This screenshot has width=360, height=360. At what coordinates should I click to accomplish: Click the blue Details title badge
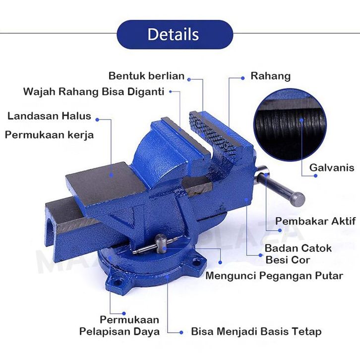[175, 34]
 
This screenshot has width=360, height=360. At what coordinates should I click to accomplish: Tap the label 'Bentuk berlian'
[146, 76]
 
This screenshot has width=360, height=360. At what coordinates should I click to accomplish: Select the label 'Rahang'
[270, 76]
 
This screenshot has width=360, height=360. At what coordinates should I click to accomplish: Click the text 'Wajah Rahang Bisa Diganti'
[94, 92]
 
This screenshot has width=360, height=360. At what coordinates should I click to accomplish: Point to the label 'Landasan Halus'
[49, 116]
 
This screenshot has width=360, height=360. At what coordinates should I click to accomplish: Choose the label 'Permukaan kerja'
[49, 135]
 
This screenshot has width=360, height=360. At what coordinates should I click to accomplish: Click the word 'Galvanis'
[332, 168]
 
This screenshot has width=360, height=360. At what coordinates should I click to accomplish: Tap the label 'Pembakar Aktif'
[315, 221]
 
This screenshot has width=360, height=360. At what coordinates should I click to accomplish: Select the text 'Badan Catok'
[298, 248]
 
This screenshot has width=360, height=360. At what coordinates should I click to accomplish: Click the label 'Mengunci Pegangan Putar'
[274, 276]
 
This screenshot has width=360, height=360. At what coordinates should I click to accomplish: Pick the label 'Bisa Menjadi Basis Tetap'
[256, 332]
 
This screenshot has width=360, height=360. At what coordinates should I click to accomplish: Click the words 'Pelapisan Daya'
[120, 332]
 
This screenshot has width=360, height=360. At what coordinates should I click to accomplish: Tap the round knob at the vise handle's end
[297, 199]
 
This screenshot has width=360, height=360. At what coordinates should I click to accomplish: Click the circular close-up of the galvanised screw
[290, 125]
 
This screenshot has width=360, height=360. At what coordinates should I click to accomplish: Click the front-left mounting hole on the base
[118, 282]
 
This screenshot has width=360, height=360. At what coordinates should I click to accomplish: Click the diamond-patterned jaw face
[211, 133]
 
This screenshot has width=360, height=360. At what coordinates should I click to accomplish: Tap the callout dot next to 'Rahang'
[242, 78]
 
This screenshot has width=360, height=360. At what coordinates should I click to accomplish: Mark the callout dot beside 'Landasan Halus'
[97, 120]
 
